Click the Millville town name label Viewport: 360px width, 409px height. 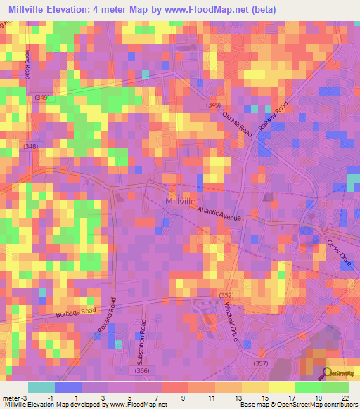point(179,201)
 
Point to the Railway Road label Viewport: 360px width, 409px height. point(273,116)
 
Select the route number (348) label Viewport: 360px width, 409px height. point(30,145)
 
